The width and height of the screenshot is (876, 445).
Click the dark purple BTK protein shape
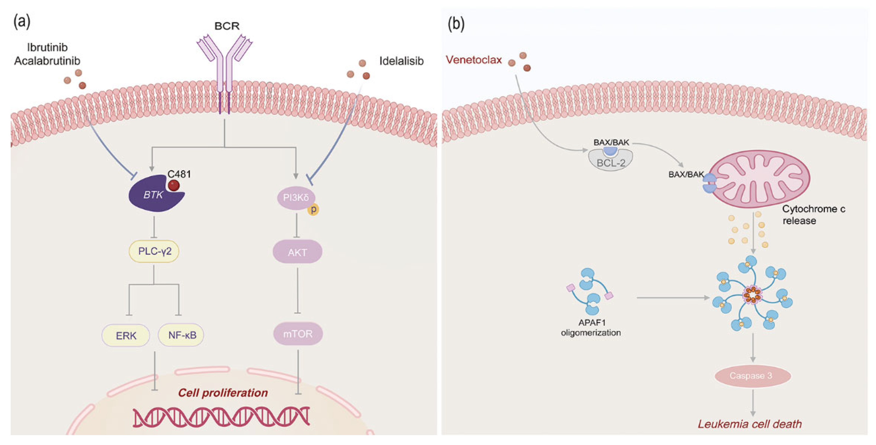(x=153, y=196)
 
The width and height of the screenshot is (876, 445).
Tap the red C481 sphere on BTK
(x=174, y=186)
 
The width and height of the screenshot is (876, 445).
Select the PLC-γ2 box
(x=154, y=252)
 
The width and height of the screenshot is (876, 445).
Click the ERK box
(x=126, y=335)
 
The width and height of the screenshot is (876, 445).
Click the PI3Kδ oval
(x=296, y=197)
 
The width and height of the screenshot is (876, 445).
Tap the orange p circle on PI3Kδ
(x=313, y=209)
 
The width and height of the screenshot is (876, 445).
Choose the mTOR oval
(x=298, y=334)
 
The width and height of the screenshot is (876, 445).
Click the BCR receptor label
(x=227, y=26)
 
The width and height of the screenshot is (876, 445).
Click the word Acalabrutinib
(x=47, y=61)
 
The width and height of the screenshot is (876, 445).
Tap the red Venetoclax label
(x=474, y=60)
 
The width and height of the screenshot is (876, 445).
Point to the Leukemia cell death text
(x=750, y=424)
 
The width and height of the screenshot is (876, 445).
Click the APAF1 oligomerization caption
(x=591, y=327)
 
